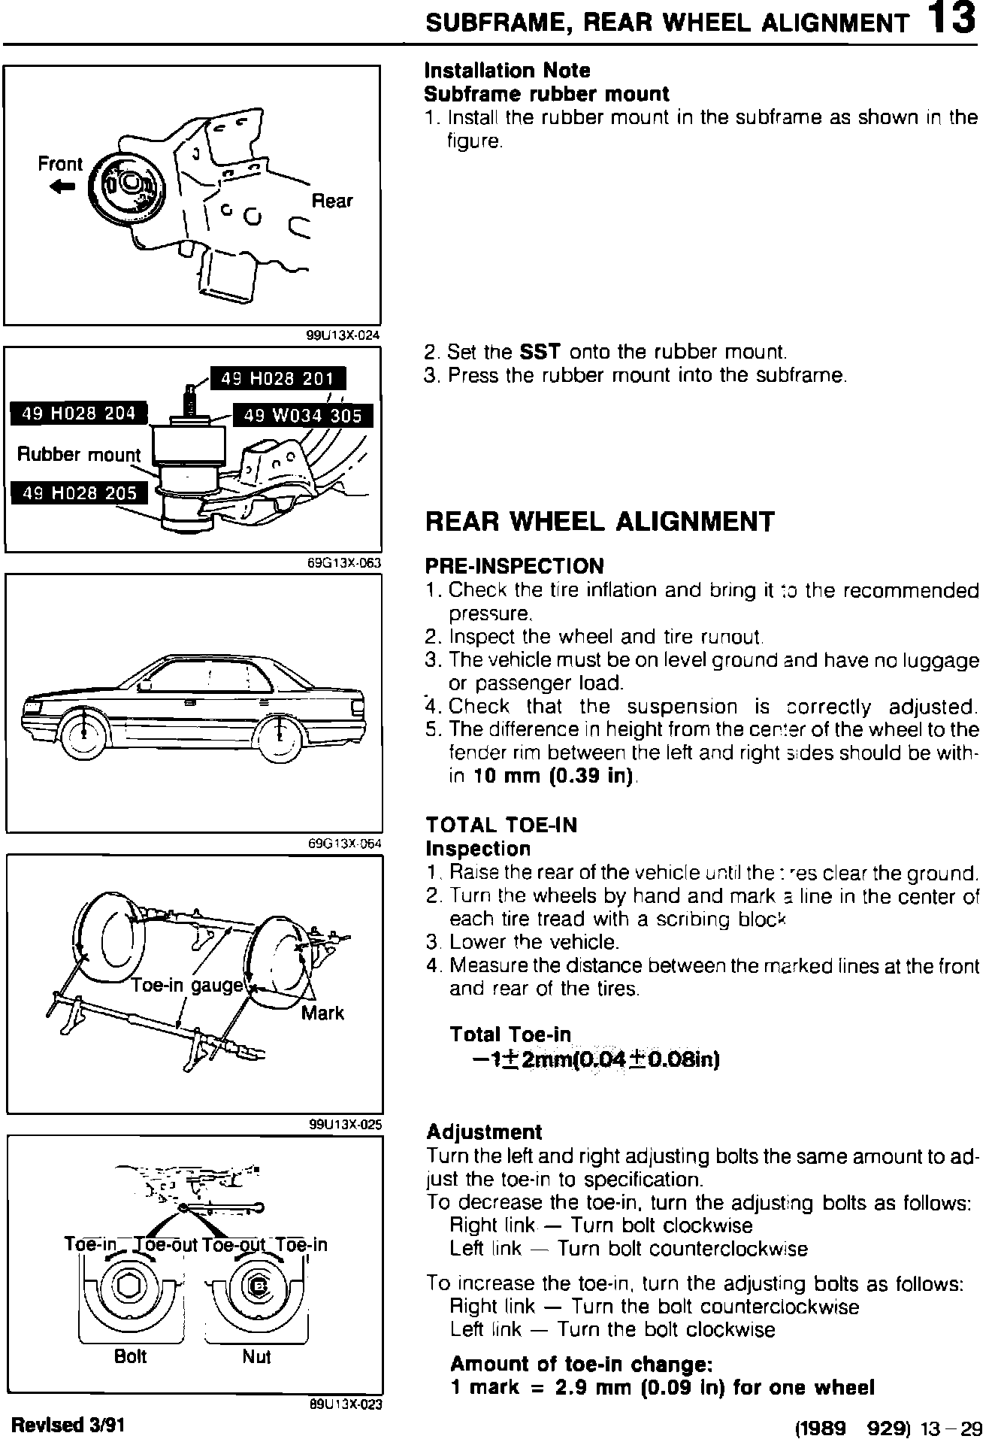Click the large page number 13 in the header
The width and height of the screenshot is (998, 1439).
951,20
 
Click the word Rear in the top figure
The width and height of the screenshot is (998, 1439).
331,201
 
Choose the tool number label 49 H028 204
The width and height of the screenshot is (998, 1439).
79,413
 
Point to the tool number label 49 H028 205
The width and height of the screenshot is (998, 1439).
80,493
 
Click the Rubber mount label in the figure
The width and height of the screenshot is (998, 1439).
79,455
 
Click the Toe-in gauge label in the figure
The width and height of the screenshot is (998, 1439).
188,985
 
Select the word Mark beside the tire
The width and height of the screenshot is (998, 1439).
322,1013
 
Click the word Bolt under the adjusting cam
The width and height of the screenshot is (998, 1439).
130,1357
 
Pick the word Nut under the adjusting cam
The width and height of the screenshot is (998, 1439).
256,1357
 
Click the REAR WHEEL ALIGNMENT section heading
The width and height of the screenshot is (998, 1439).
599,522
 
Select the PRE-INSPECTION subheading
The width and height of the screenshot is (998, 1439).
514,566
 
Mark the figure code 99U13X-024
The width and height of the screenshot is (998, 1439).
343,335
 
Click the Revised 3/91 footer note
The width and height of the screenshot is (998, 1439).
68,1423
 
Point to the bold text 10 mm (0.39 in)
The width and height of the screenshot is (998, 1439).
554,776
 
